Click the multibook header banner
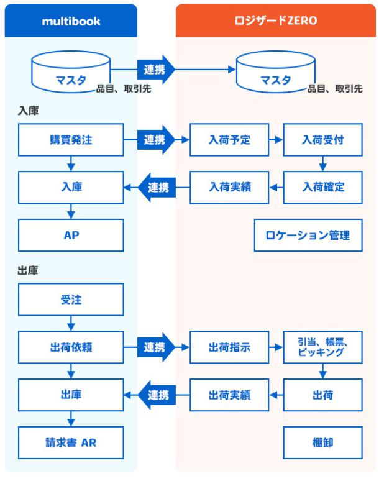click(71, 21)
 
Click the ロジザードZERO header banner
click(275, 21)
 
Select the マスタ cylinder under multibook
click(71, 73)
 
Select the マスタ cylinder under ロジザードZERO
click(276, 73)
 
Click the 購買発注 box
click(71, 140)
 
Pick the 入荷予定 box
click(229, 140)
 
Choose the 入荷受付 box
click(322, 140)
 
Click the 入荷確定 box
click(322, 186)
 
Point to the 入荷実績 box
click(229, 186)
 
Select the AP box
click(71, 235)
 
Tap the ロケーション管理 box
click(308, 235)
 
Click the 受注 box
click(71, 300)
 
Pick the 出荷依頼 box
click(71, 347)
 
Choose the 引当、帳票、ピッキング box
click(322, 347)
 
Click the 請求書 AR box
click(71, 442)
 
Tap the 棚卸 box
click(322, 442)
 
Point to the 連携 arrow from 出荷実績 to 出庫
click(157, 395)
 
